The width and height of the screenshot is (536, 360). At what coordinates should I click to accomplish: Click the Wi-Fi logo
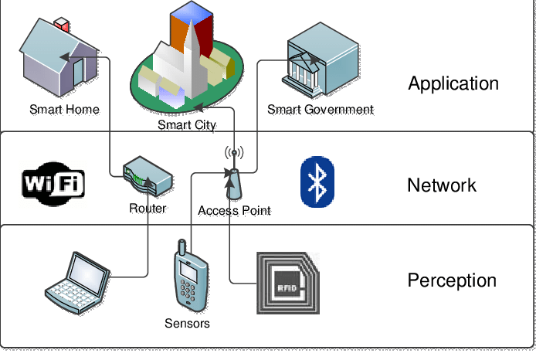pyautogui.click(x=53, y=184)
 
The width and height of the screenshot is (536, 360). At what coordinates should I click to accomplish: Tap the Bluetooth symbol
pyautogui.click(x=317, y=182)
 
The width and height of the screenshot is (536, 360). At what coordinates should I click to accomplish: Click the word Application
pyautogui.click(x=453, y=83)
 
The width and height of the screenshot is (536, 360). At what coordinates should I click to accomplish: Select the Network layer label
pyautogui.click(x=442, y=185)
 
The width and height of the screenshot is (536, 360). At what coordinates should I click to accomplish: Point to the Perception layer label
pyautogui.click(x=452, y=280)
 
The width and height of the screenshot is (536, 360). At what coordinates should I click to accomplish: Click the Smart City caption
pyautogui.click(x=187, y=124)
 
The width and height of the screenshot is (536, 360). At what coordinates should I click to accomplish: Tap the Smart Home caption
pyautogui.click(x=65, y=110)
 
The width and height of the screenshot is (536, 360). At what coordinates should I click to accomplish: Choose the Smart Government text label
pyautogui.click(x=321, y=110)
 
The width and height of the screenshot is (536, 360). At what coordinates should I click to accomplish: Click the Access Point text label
pyautogui.click(x=234, y=210)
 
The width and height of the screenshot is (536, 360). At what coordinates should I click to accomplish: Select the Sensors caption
pyautogui.click(x=187, y=323)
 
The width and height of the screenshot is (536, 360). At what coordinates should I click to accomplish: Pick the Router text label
pyautogui.click(x=148, y=208)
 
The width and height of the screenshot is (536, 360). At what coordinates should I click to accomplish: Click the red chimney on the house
pyautogui.click(x=62, y=22)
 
